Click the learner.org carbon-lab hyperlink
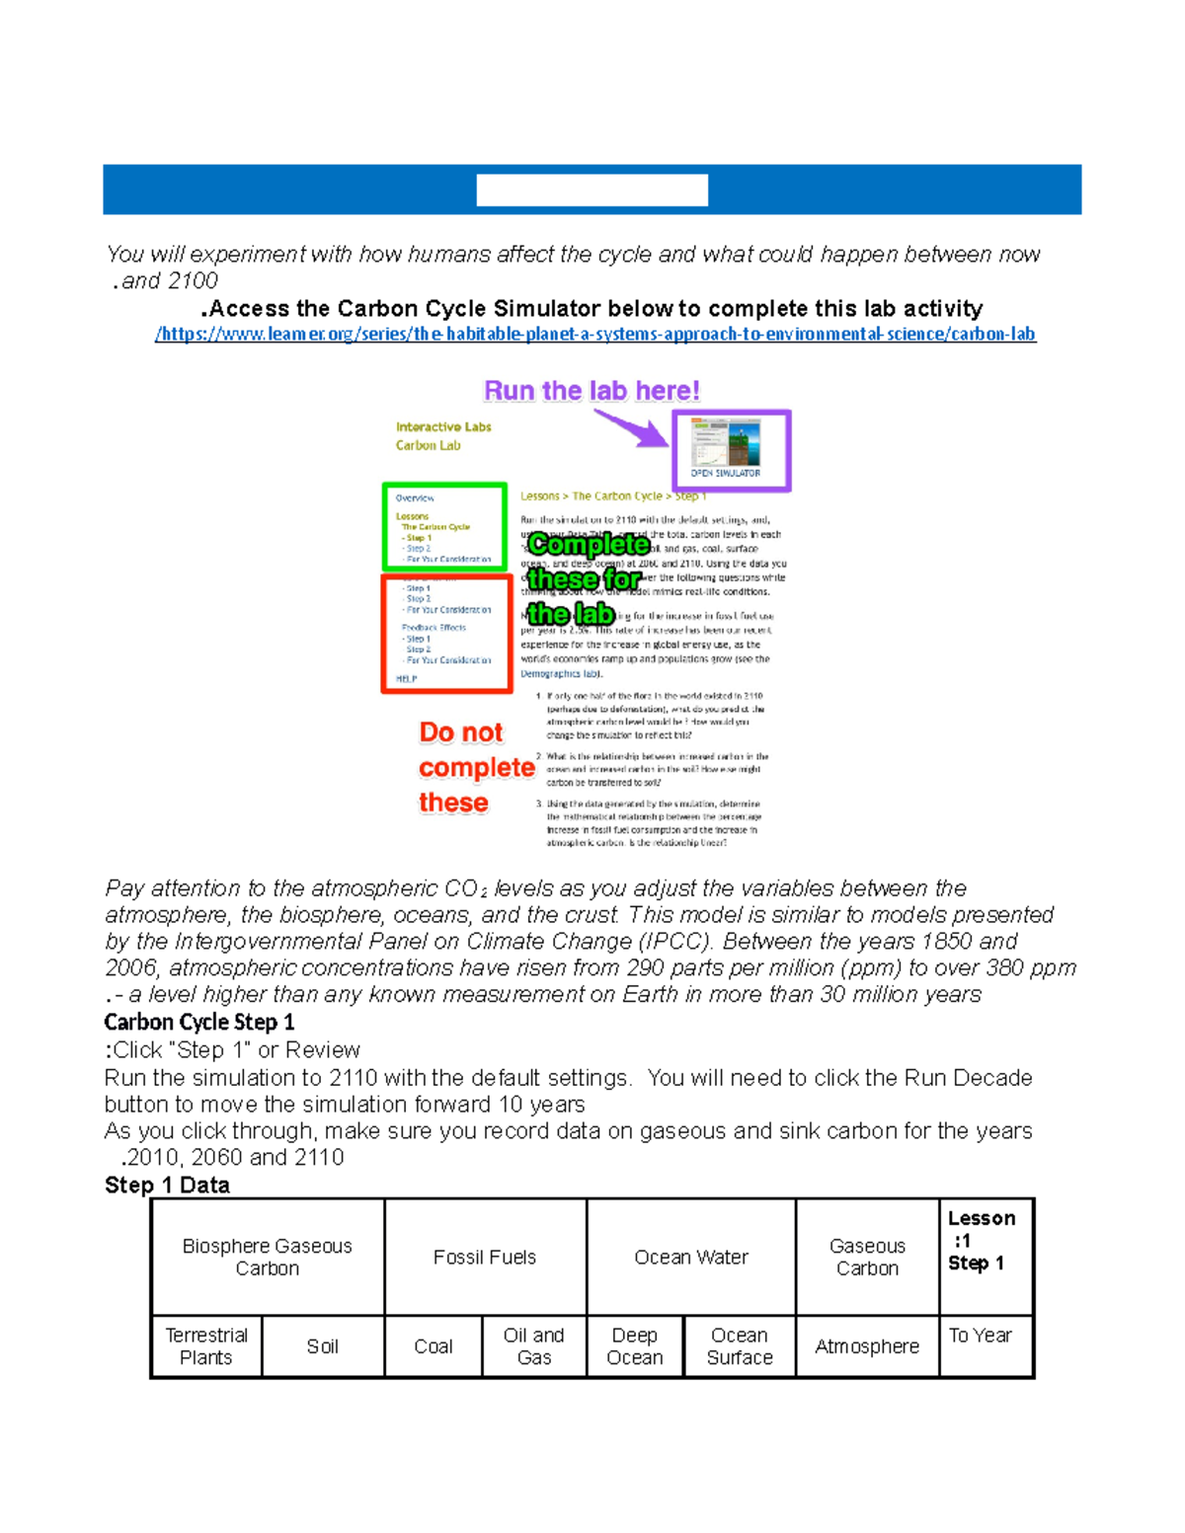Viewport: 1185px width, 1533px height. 594,334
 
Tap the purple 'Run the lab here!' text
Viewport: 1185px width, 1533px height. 592,391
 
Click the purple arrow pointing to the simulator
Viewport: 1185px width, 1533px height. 631,428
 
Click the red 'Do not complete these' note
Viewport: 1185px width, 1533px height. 475,767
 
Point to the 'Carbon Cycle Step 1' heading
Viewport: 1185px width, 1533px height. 199,1022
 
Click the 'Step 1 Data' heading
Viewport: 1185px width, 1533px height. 167,1185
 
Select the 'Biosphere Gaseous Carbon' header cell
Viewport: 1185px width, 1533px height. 268,1257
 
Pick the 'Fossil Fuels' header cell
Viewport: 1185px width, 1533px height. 485,1257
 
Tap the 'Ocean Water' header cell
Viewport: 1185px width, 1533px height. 691,1257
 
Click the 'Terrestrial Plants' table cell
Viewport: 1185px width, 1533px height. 206,1346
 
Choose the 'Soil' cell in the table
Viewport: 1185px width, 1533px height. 323,1346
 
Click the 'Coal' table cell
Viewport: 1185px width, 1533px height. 434,1346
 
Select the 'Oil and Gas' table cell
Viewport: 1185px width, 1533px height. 534,1346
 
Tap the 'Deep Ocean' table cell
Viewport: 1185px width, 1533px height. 635,1346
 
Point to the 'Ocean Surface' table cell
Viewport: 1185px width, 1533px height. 740,1346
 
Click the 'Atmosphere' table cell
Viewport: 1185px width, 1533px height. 867,1346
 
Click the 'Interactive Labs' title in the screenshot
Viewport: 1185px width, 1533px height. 443,427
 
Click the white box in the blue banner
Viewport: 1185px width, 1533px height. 592,190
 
